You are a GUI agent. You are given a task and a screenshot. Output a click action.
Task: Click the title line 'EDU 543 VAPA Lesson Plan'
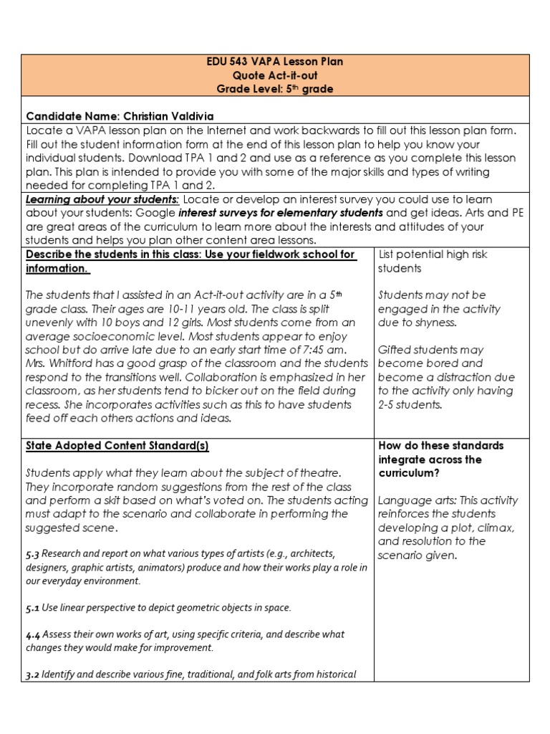[275, 62]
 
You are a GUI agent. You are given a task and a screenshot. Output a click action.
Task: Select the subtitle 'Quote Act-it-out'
[275, 75]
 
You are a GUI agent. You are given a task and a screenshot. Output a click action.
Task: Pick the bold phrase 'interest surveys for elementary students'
[281, 213]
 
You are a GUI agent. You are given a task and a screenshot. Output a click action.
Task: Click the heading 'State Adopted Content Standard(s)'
[117, 446]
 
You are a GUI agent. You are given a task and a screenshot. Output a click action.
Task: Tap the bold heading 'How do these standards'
[440, 445]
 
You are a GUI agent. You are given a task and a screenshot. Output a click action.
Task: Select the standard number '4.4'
[33, 634]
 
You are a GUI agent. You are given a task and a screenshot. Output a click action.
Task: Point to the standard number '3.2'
[33, 675]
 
